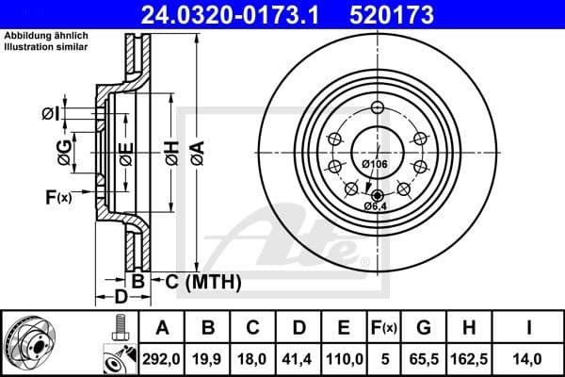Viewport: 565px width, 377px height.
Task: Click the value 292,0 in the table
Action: click(x=162, y=358)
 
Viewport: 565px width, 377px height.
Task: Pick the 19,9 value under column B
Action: click(x=208, y=358)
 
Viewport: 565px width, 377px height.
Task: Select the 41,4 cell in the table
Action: click(x=299, y=358)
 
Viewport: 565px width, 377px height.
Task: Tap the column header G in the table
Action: click(x=424, y=328)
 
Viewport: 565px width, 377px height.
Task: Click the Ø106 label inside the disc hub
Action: click(x=375, y=166)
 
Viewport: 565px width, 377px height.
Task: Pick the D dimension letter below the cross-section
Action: click(x=121, y=298)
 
